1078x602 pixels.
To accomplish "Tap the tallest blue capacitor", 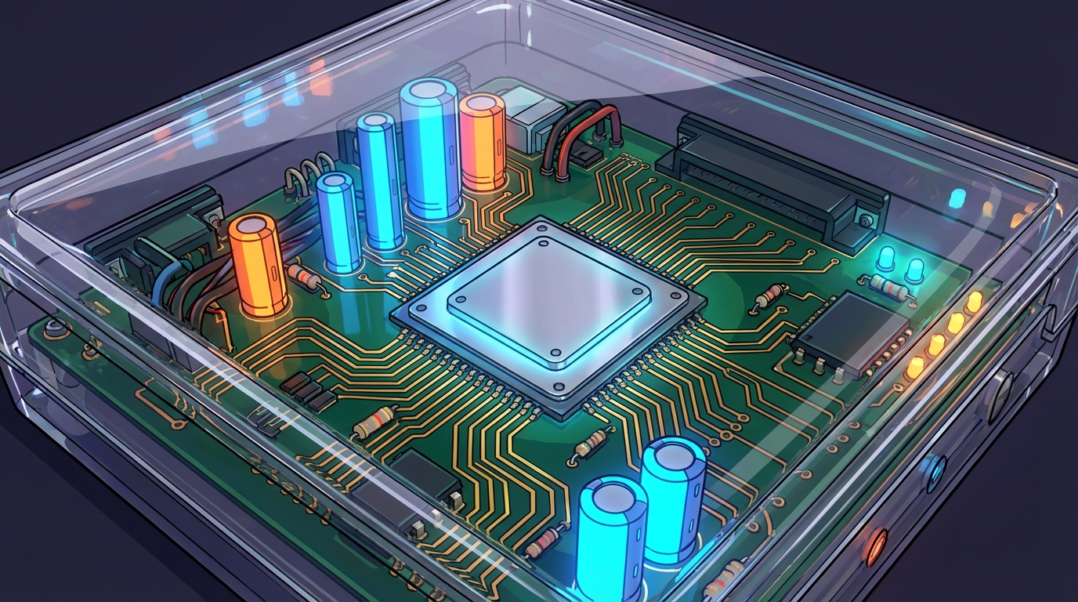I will pyautogui.click(x=429, y=157).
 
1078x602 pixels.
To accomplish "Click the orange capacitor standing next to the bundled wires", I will pyautogui.click(x=256, y=267).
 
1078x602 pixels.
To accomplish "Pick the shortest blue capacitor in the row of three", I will pyautogui.click(x=338, y=223).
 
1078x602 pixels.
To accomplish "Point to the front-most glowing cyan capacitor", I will pyautogui.click(x=611, y=541).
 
